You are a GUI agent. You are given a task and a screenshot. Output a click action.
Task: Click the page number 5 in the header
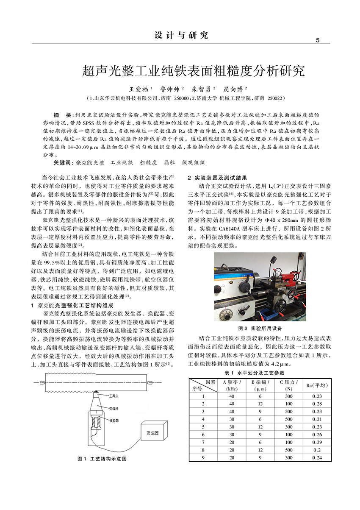pyautogui.click(x=317, y=40)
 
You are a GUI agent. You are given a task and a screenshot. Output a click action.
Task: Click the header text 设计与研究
pyautogui.click(x=181, y=35)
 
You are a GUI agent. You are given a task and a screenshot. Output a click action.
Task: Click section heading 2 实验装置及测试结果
pyautogui.click(x=217, y=178)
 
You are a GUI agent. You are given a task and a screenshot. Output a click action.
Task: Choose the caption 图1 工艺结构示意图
pyautogui.click(x=102, y=459)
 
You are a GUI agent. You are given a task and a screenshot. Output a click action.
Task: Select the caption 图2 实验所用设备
pyautogui.click(x=260, y=328)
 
